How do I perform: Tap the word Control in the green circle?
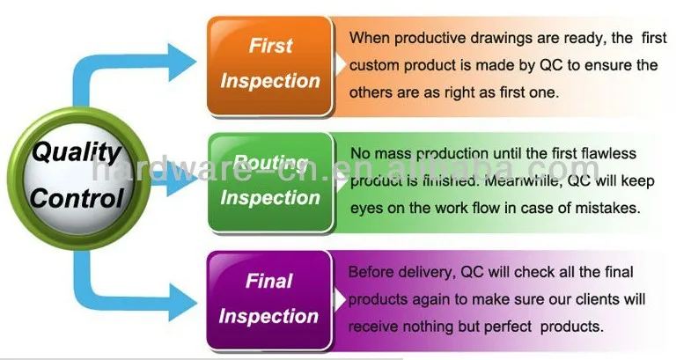click(x=76, y=196)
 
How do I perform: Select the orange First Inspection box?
click(x=269, y=63)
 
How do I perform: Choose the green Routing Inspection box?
click(x=269, y=181)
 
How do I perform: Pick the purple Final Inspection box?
click(x=269, y=298)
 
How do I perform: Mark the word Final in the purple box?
click(x=268, y=282)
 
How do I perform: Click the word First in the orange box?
click(x=270, y=47)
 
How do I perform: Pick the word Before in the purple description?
click(x=371, y=272)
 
